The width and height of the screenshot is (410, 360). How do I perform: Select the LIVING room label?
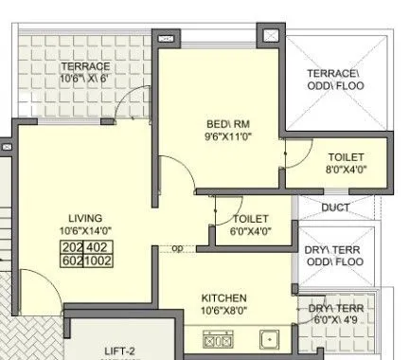[x=85, y=217]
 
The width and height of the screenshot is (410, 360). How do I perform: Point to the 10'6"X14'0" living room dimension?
[x=85, y=230]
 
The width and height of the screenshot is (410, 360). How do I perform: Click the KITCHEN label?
[x=223, y=297]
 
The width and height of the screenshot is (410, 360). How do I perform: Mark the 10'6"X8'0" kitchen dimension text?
[x=223, y=310]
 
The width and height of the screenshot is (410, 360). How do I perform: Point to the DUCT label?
[x=336, y=207]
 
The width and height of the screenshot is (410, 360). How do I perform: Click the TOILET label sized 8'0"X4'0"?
[x=347, y=157]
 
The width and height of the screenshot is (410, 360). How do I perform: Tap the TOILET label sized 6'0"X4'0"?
[x=251, y=219]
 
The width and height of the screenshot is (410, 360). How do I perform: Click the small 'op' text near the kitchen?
[x=177, y=249]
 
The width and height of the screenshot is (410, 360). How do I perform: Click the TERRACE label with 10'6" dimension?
[x=85, y=66]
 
